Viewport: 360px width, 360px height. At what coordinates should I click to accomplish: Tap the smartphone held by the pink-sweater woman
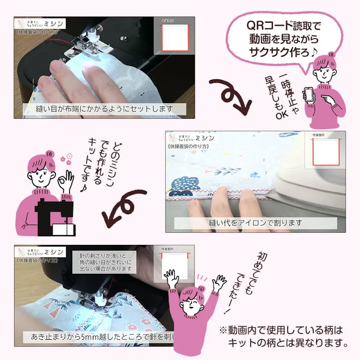pos(310,94)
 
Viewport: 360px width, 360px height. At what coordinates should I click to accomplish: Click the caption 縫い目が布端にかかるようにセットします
pos(101,109)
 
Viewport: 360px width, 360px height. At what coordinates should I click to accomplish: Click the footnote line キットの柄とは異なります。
pos(288,343)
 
